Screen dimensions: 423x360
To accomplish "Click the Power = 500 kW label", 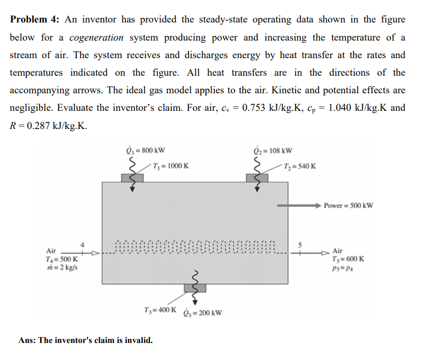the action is (x=348, y=205).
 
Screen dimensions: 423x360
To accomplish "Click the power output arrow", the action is (x=299, y=205).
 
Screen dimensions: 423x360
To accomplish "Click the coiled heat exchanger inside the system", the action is (x=196, y=249).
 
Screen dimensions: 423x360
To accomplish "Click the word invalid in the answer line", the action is (x=136, y=340).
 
